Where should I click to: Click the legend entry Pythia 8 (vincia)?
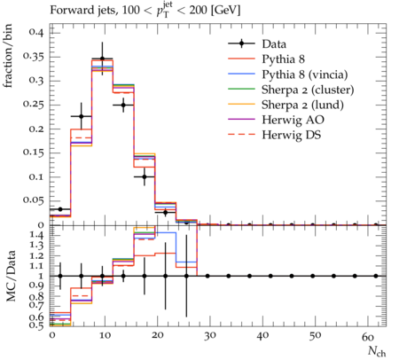[305, 74]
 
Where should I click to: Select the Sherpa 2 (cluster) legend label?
[308, 90]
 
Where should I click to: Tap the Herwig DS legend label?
[292, 135]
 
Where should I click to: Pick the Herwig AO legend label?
[293, 120]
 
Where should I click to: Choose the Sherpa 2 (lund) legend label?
[302, 105]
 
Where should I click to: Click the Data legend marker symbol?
[241, 43]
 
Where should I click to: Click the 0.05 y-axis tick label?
[34, 200]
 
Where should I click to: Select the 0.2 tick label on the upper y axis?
[36, 129]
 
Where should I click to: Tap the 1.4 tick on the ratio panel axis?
[36, 236]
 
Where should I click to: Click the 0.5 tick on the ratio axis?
[36, 325]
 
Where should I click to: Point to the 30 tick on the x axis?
[210, 336]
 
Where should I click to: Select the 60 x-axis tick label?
[368, 336]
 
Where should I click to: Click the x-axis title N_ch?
[377, 351]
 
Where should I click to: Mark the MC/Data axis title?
[11, 276]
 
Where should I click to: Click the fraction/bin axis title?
[8, 56]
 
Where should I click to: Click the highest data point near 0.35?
[102, 59]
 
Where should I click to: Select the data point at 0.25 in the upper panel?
[123, 105]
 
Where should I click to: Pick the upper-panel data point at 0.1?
[145, 176]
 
